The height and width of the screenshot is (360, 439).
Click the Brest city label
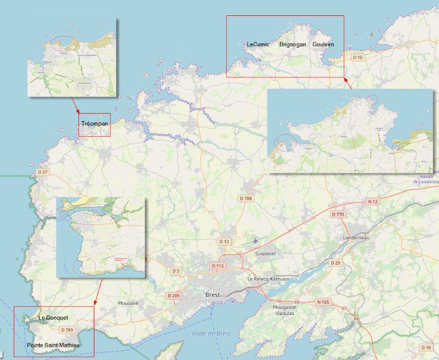pos(212,295)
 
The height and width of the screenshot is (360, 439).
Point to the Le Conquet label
pos(53,318)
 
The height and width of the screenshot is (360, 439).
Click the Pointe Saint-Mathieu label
pos(53,345)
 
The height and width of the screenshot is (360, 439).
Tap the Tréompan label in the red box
pos(94,123)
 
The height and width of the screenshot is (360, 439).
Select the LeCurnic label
pos(258,44)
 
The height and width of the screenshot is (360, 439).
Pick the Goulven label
pos(323,44)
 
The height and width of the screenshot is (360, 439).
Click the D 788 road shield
pos(245,198)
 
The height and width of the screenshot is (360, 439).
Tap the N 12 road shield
pos(373,201)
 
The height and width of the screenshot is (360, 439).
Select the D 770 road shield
pos(337,214)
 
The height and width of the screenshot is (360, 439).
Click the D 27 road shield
pos(43,172)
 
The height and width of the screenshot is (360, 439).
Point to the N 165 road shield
pos(323,302)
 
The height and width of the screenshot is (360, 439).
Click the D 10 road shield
pos(358,57)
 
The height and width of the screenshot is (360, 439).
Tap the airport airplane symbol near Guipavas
pos(256,240)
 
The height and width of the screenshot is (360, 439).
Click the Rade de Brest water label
pos(211,334)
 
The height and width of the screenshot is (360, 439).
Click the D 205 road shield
pos(173,296)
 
